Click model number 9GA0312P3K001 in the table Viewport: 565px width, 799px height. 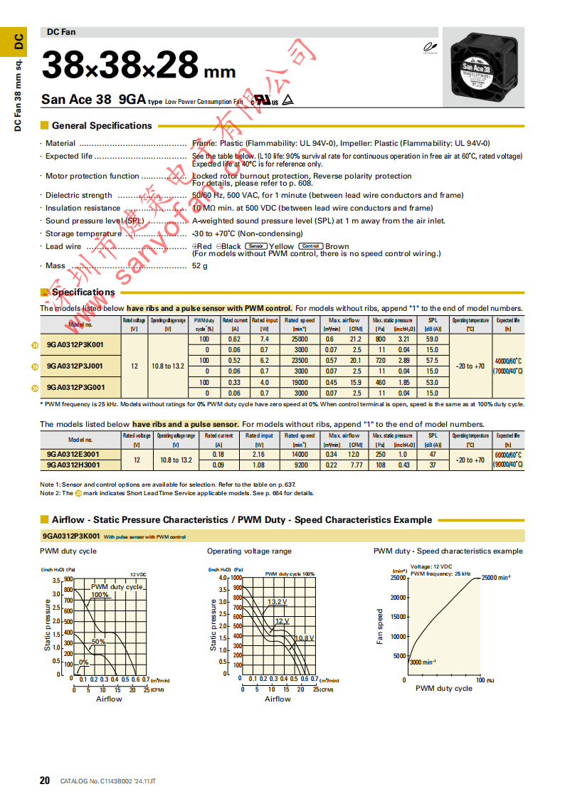click(x=75, y=345)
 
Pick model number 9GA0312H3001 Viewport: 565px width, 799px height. click(x=73, y=465)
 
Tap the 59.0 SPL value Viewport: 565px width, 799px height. click(x=432, y=340)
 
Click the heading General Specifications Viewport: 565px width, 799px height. click(x=102, y=126)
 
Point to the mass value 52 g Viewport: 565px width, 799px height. click(x=200, y=266)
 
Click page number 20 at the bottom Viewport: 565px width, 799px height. click(x=44, y=781)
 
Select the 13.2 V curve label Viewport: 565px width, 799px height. click(x=278, y=602)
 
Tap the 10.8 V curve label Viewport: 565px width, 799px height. click(x=305, y=637)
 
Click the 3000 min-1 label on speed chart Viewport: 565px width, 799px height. click(x=423, y=662)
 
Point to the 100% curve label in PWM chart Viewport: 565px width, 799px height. click(x=100, y=595)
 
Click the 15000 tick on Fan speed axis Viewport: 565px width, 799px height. click(x=396, y=617)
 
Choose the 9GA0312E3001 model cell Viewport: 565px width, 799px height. click(x=73, y=454)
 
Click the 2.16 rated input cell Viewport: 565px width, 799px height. click(x=259, y=454)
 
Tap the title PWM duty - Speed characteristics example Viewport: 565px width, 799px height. click(x=448, y=551)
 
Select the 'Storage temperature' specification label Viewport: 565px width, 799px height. click(x=83, y=233)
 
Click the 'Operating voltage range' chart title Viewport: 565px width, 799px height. click(x=249, y=551)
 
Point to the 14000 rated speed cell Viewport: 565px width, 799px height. click(x=299, y=454)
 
